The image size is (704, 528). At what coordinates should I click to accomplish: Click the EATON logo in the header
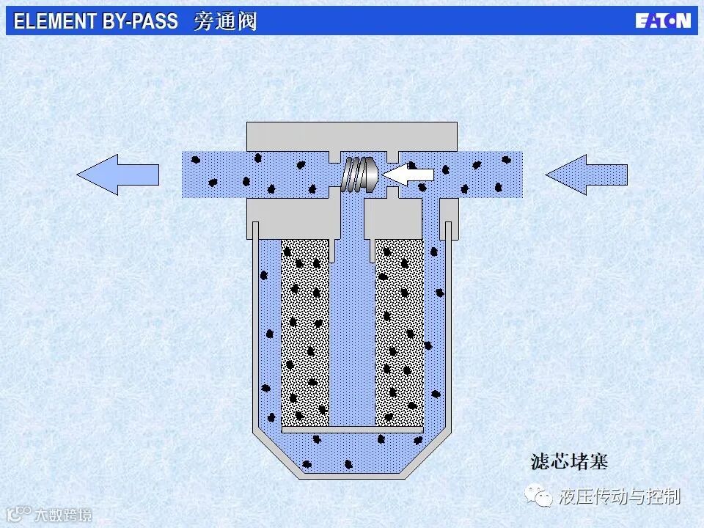(663, 21)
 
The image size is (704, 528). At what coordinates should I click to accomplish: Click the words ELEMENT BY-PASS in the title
(95, 21)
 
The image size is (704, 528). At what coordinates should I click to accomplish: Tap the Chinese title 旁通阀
(225, 21)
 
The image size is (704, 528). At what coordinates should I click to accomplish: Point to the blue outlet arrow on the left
(117, 175)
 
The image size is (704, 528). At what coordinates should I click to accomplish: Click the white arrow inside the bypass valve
(408, 175)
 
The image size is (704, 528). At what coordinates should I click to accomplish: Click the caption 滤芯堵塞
(569, 462)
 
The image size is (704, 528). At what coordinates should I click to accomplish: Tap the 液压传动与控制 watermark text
(619, 496)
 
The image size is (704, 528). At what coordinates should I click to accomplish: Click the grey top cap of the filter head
(352, 135)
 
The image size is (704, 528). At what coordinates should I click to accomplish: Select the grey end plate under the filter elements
(352, 429)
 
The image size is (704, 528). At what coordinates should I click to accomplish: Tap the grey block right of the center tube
(392, 217)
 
